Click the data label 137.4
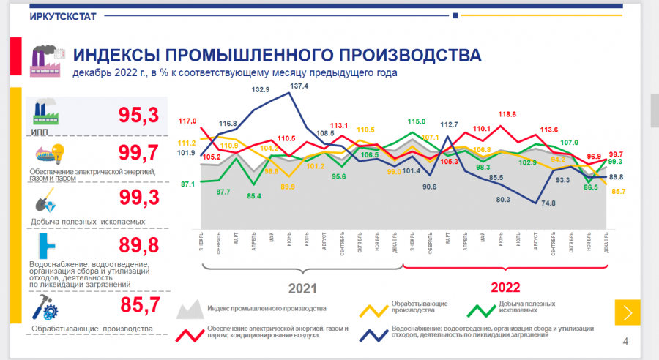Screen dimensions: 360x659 pos(299,86)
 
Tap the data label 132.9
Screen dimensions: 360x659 pos(261,90)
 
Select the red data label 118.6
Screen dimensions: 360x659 pos(507,114)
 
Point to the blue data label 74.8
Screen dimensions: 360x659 pos(547,203)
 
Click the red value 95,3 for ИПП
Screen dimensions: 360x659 pos(139,116)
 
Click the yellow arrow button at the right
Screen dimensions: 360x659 pos(628,312)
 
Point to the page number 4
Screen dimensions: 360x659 pos(625,341)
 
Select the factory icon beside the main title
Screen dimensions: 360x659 pos(46,60)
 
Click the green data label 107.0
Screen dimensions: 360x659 pos(570,143)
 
